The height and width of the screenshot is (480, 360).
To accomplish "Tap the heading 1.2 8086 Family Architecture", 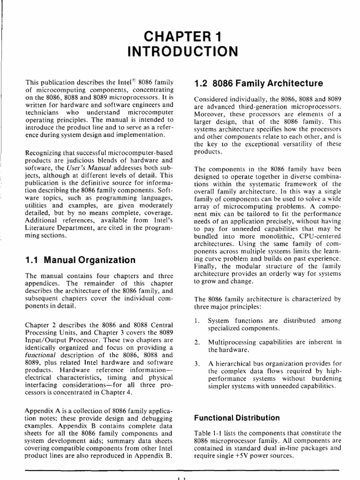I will [258, 84].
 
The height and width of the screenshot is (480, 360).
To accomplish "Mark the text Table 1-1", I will [207, 433].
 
